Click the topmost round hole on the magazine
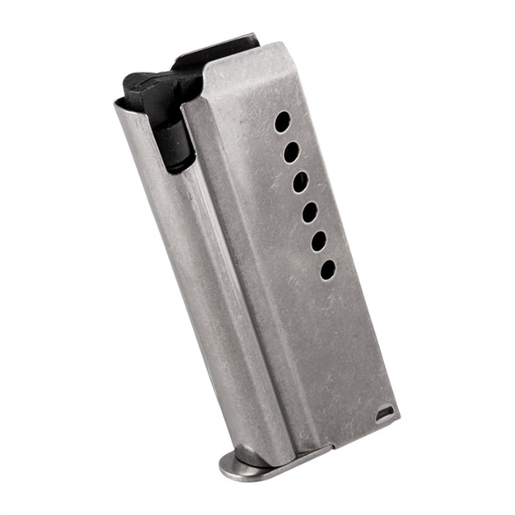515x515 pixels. coord(282,123)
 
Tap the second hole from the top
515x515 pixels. coord(291,152)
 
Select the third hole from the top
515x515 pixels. coord(301,182)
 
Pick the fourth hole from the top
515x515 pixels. coord(310,212)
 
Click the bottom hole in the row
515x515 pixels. coord(328,269)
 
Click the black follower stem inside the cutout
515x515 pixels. coord(175,140)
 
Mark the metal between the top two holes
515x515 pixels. coord(287,138)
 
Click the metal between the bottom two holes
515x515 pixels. coord(324,255)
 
